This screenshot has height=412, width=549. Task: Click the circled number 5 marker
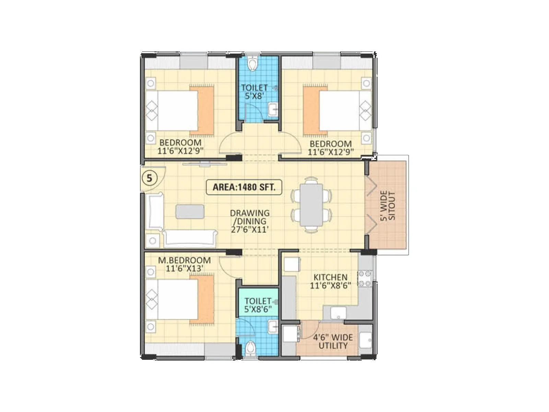tap(149, 178)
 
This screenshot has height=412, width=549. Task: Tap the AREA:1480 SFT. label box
tap(244, 187)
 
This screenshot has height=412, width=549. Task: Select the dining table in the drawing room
tap(312, 205)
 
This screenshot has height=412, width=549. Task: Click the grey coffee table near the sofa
tap(190, 211)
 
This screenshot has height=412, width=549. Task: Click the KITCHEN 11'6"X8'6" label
tap(330, 281)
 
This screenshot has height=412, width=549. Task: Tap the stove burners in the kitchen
tap(365, 278)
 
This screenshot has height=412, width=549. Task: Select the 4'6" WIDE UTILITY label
tap(332, 341)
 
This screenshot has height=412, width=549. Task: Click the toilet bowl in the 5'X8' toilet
tap(253, 64)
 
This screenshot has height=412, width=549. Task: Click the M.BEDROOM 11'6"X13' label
tap(184, 264)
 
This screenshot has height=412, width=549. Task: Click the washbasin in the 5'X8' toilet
tap(273, 110)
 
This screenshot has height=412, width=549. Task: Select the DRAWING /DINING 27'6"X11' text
tap(249, 221)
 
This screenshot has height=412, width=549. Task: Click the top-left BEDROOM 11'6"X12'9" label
tap(180, 146)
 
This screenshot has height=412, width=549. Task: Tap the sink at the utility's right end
tap(365, 340)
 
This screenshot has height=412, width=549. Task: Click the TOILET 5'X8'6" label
tap(258, 305)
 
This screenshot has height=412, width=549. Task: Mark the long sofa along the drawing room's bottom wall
tap(190, 238)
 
